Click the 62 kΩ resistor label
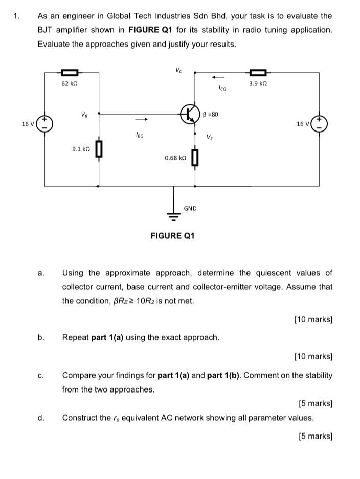(x=70, y=83)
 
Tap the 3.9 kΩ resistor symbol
(x=258, y=73)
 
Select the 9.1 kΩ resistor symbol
(x=99, y=149)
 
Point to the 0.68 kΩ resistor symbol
(x=195, y=158)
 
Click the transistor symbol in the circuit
(x=190, y=114)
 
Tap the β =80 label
(x=211, y=114)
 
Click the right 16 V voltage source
(x=320, y=124)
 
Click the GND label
(x=190, y=208)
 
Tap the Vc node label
(x=178, y=70)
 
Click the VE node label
(x=210, y=137)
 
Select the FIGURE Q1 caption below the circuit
(x=172, y=236)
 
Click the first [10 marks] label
(x=313, y=319)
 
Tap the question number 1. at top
(x=16, y=16)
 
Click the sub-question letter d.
(x=41, y=418)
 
